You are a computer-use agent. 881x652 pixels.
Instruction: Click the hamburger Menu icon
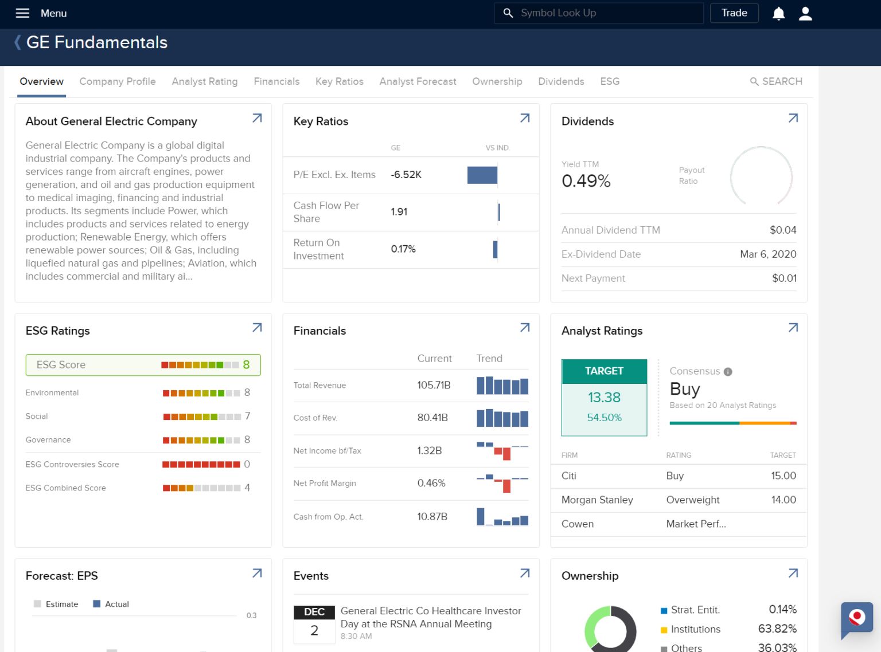click(x=22, y=13)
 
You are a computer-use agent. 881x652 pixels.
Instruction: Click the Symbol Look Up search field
click(x=599, y=13)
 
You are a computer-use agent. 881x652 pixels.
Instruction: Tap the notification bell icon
click(x=778, y=13)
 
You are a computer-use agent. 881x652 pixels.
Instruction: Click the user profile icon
click(x=805, y=13)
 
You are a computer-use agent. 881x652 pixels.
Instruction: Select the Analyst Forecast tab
click(x=418, y=81)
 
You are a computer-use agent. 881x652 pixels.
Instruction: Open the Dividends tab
click(x=561, y=81)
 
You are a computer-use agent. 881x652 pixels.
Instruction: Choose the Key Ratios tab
click(x=339, y=81)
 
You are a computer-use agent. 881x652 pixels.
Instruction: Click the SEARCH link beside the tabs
click(x=776, y=81)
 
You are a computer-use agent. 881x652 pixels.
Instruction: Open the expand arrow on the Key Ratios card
click(x=525, y=118)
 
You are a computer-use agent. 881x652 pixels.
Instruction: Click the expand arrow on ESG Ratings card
click(x=257, y=328)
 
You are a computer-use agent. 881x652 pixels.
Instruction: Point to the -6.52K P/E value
click(x=406, y=175)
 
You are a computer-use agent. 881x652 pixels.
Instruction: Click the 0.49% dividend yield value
click(x=586, y=181)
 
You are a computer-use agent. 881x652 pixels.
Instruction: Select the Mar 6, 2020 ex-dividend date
click(x=768, y=254)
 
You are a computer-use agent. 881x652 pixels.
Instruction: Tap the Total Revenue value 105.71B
click(x=434, y=385)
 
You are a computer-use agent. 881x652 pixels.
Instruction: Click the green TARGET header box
click(x=604, y=371)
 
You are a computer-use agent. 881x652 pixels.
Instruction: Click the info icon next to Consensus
click(x=728, y=372)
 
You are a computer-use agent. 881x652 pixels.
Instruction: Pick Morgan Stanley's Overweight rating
click(x=692, y=500)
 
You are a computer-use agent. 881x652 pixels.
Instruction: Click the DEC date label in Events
click(x=314, y=612)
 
